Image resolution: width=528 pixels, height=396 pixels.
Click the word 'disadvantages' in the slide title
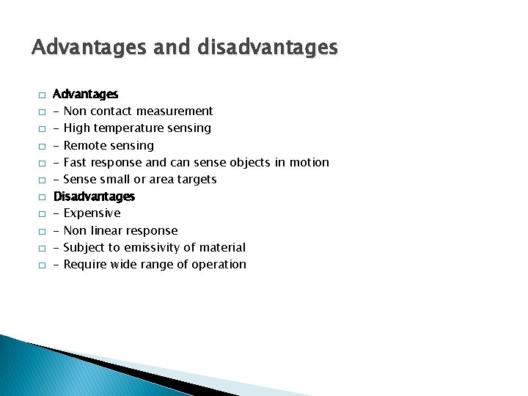click(x=268, y=48)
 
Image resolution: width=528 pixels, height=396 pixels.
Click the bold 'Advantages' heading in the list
click(x=86, y=94)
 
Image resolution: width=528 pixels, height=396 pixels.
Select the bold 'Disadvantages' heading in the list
click(x=94, y=197)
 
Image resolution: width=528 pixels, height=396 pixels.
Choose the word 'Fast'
click(x=76, y=162)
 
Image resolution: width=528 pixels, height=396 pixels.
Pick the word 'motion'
click(x=309, y=162)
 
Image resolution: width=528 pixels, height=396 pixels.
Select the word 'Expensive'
click(x=92, y=213)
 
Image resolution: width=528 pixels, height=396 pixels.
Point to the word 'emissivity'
click(x=152, y=248)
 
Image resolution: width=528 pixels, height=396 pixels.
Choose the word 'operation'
click(x=218, y=265)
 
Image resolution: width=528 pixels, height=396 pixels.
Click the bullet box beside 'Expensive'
click(x=43, y=214)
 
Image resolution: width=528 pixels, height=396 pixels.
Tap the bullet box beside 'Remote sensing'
click(x=43, y=146)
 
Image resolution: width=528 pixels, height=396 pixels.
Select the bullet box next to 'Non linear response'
click(x=43, y=231)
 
